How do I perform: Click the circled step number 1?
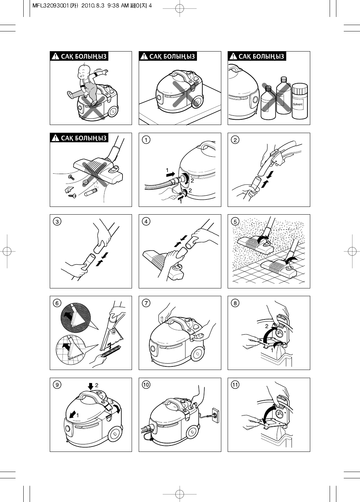tap(145, 140)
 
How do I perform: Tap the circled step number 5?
tap(234, 221)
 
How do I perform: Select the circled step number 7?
tap(145, 303)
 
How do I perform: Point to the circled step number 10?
tap(145, 384)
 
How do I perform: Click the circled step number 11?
tap(234, 384)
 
